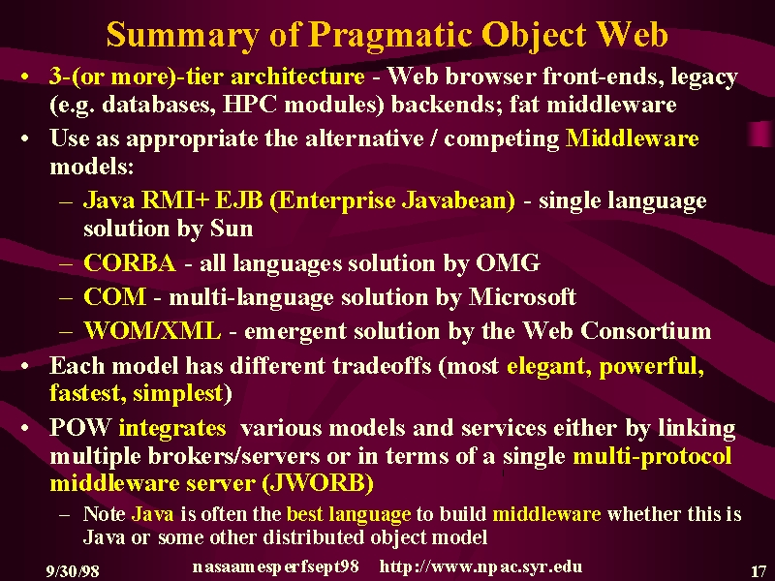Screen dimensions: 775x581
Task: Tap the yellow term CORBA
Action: [130, 262]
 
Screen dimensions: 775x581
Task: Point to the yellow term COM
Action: [115, 296]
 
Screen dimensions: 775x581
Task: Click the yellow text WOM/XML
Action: [152, 330]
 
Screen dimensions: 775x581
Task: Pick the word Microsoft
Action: [522, 296]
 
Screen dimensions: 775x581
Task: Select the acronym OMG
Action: [508, 262]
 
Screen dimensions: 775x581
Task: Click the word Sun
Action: [232, 229]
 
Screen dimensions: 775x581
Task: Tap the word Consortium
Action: [645, 330]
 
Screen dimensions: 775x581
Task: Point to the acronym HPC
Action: [250, 105]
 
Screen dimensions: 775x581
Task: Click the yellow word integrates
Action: [172, 428]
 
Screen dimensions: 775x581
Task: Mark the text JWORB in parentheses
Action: [317, 482]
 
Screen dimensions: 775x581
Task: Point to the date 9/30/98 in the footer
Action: [73, 571]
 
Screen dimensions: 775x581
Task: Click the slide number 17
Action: [759, 571]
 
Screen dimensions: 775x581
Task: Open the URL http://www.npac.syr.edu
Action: [480, 566]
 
